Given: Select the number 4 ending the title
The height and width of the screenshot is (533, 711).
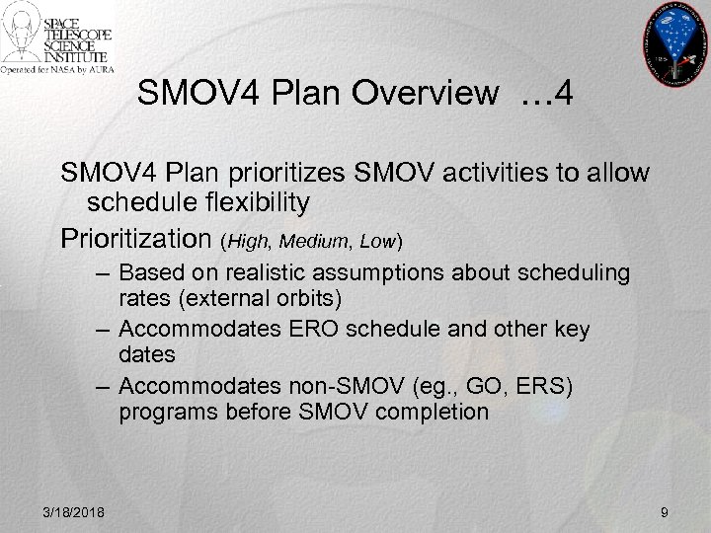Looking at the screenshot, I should click(565, 94).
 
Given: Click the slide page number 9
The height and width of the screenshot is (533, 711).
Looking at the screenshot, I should click(665, 511).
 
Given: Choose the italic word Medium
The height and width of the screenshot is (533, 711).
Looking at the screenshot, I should click(318, 240).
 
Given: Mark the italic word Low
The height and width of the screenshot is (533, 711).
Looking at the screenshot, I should click(377, 240).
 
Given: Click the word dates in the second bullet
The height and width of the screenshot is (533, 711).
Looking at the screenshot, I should click(147, 353).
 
